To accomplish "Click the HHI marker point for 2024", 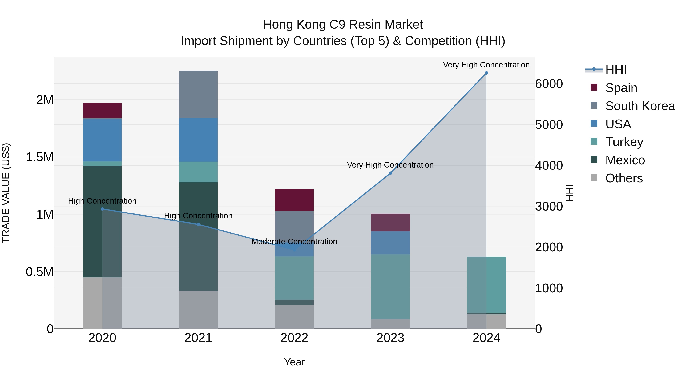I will [x=486, y=73].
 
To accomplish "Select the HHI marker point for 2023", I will [x=390, y=173].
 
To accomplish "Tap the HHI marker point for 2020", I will [x=102, y=209].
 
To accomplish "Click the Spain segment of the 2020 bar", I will [x=102, y=111].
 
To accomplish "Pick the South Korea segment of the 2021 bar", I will [x=198, y=95].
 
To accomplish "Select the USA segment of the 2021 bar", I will [x=198, y=140].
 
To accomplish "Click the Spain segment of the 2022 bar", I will [x=294, y=200].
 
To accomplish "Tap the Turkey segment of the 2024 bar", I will [x=486, y=285].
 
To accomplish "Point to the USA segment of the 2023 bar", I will [x=390, y=243].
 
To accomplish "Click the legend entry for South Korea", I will [x=640, y=106].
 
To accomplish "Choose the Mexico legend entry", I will [x=625, y=160].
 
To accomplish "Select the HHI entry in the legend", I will [x=616, y=70].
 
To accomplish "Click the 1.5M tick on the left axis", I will [x=39, y=157].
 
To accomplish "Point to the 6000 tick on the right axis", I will [x=549, y=84].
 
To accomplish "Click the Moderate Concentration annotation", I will [x=294, y=242].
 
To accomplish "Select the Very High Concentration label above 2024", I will [x=486, y=65].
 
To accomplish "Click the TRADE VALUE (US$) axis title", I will [x=6, y=193].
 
